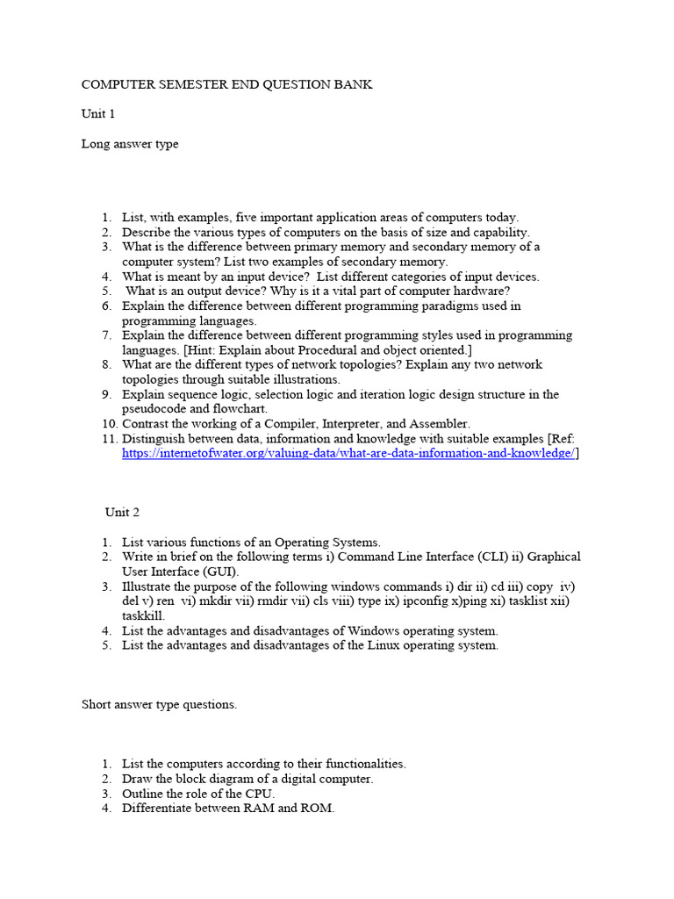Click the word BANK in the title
pos(350,84)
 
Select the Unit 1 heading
pos(98,114)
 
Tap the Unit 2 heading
pos(122,512)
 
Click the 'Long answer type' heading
pos(130,144)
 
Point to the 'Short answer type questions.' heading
pos(159,704)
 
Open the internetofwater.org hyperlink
pos(348,453)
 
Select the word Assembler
pos(437,423)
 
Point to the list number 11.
pos(110,438)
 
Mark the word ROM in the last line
pos(317,808)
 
